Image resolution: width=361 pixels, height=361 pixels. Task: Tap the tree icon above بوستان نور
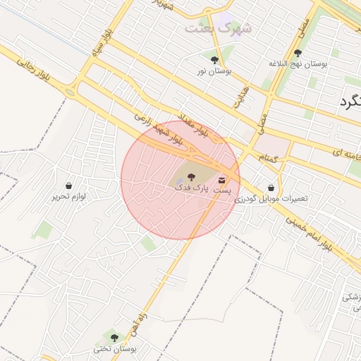click(214, 59)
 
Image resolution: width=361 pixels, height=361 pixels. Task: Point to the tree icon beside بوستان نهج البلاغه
click(298, 53)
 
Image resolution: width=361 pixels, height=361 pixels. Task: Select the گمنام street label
click(269, 159)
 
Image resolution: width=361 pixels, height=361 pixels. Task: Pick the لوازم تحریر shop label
click(68, 197)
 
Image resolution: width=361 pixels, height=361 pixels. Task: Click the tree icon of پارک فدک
click(190, 175)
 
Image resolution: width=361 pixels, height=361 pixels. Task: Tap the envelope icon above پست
click(223, 180)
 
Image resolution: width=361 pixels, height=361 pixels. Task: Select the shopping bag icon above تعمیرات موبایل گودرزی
click(271, 188)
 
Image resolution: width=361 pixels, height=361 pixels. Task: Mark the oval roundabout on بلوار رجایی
click(69, 92)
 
